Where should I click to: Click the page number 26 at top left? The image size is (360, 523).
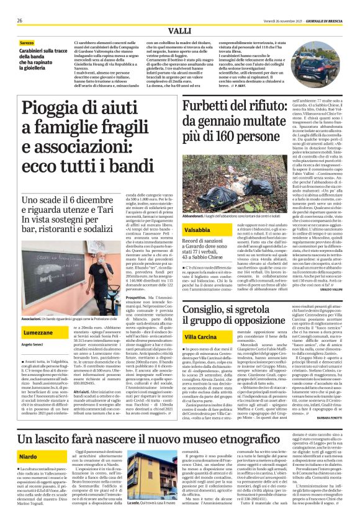click(20, 20)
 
